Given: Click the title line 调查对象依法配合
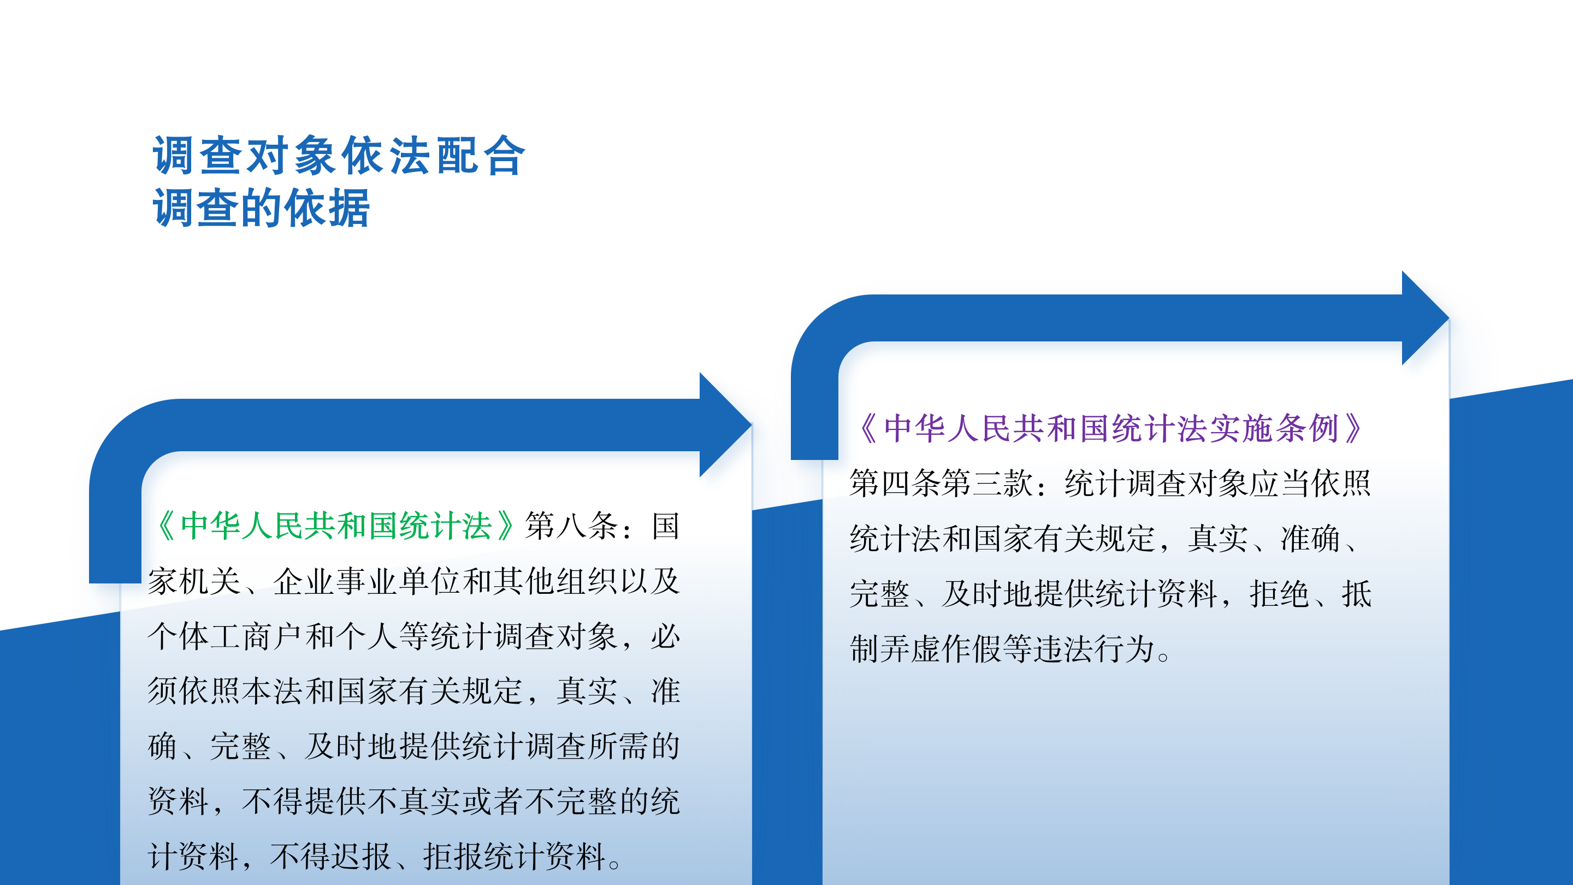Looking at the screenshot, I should [338, 156].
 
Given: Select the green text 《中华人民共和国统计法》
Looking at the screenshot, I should [335, 526].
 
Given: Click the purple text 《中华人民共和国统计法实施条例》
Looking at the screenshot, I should [1111, 428].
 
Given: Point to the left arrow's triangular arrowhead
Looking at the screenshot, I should [724, 424].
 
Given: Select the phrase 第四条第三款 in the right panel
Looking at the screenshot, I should [941, 483].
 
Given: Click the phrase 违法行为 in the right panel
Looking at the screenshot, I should [1093, 648].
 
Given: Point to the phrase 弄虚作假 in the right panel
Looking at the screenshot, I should [941, 648].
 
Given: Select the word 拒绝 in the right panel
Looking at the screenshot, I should [1279, 594].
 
